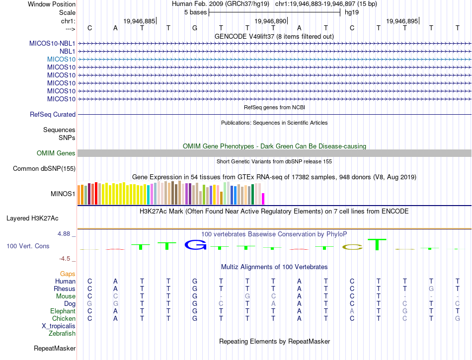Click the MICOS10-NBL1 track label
pyautogui.click(x=52, y=43)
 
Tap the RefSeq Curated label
pyautogui.click(x=53, y=114)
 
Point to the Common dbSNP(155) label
pyautogui.click(x=44, y=168)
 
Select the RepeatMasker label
pyautogui.click(x=55, y=348)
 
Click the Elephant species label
pyautogui.click(x=63, y=311)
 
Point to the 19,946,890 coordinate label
pyautogui.click(x=270, y=21)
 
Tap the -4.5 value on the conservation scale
pyautogui.click(x=66, y=258)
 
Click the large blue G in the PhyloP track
pyautogui.click(x=195, y=244)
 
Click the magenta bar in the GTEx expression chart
pyautogui.click(x=263, y=199)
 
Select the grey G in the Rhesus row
pyautogui.click(x=431, y=288)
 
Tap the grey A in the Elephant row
pyautogui.click(x=352, y=311)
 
